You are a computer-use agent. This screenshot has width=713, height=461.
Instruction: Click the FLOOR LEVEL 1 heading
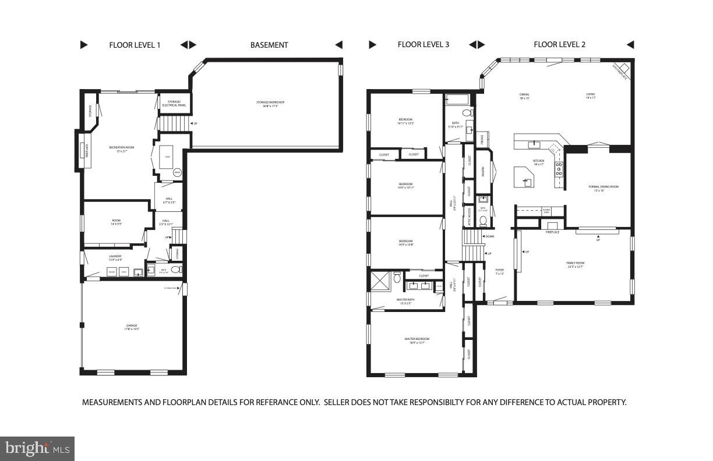[135, 45]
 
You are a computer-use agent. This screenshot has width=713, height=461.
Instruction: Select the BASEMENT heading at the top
[269, 45]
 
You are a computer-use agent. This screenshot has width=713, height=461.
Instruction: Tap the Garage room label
[132, 327]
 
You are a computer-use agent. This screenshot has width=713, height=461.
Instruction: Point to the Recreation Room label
[122, 148]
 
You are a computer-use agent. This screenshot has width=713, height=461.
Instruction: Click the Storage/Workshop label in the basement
[270, 104]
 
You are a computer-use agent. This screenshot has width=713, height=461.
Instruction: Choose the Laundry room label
[115, 257]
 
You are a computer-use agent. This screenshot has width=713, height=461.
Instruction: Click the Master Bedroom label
[417, 340]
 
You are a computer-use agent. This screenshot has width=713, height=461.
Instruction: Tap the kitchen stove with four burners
[559, 169]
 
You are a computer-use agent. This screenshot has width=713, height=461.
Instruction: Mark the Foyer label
[499, 271]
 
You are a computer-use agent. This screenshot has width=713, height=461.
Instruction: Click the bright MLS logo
[37, 448]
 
